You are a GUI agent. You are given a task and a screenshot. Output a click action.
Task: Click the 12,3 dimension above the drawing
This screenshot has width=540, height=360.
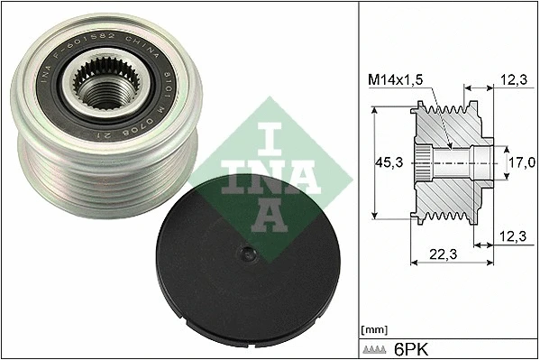[512, 81]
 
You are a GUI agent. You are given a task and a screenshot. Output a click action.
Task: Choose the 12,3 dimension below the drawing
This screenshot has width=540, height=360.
[512, 236]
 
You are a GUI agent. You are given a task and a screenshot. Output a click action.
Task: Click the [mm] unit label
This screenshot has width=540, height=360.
[372, 330]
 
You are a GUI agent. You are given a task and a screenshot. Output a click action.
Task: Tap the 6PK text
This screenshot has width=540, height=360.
[411, 348]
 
